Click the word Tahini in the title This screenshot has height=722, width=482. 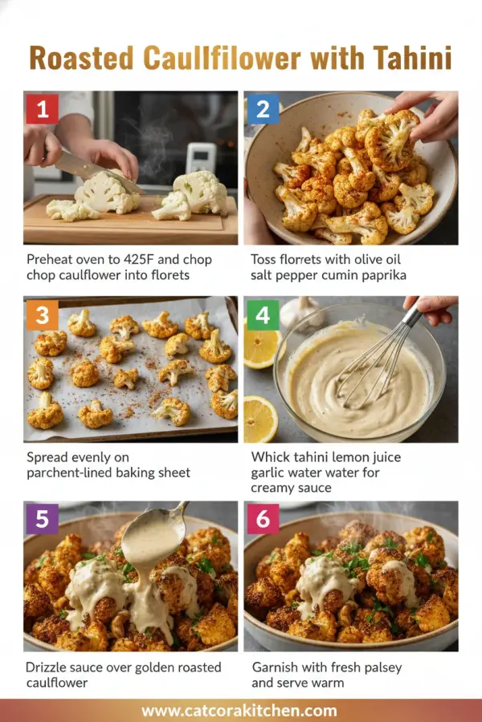point(412,59)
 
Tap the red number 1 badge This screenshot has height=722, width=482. point(42,108)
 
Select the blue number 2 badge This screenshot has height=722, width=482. point(263,109)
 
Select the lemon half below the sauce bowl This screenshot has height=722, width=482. point(261,419)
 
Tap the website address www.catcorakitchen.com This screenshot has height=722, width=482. point(239,710)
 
